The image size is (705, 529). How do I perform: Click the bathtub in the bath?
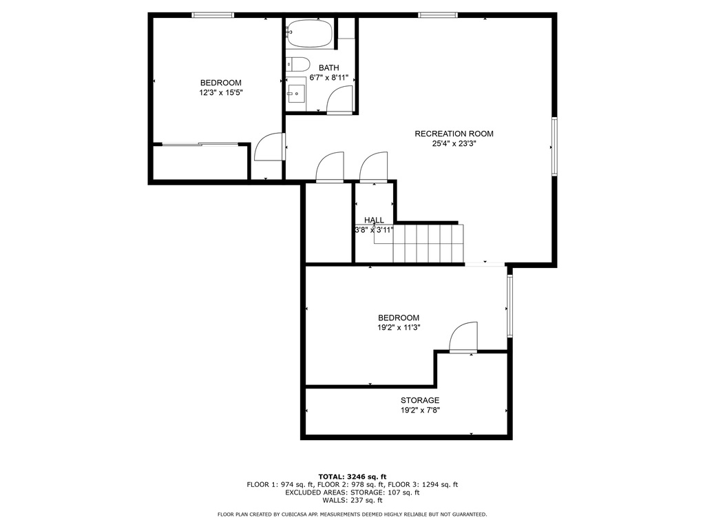coord(310,34)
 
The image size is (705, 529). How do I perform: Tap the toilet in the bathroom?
coord(298,64)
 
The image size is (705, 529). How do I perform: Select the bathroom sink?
coord(297,94)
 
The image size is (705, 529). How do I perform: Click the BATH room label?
coord(328,68)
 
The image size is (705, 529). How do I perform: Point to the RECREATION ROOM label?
coord(454,134)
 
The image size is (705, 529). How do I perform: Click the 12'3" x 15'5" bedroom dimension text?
coord(221,93)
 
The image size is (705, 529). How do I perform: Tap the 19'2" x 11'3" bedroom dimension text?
coord(399,327)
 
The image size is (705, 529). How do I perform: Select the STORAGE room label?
coord(420,400)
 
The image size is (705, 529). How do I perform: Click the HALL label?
coord(374,220)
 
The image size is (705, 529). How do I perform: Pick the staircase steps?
coord(428,243)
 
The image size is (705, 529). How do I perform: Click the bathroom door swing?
coord(340,100)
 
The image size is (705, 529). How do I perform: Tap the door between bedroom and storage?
coord(463,338)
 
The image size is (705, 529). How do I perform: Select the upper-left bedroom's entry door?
coord(270,147)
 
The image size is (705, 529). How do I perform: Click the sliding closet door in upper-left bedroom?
coord(200,145)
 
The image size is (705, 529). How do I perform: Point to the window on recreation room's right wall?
coord(554,146)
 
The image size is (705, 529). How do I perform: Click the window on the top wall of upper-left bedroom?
coord(213,15)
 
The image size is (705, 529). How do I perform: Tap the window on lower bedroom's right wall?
coord(509,306)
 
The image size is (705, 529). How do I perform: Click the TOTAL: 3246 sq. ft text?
coord(352,477)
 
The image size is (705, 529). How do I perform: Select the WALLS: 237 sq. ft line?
coord(352,500)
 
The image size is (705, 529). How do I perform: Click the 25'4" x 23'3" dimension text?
coord(454,144)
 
